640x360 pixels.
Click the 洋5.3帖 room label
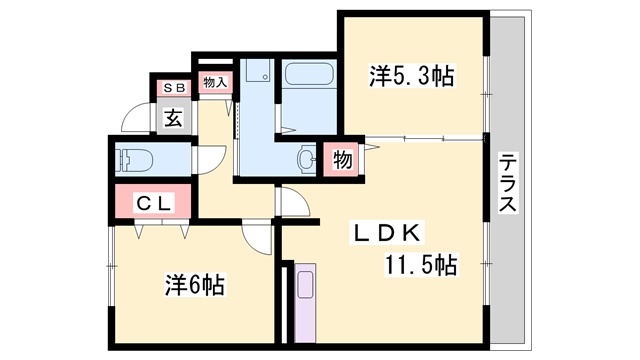[411, 76]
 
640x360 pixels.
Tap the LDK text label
[387, 233]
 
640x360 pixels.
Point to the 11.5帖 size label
[420, 264]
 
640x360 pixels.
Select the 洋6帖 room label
[195, 285]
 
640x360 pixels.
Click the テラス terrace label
[508, 183]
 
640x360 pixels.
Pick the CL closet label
[153, 203]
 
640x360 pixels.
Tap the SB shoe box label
[175, 87]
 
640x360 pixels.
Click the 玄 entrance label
[174, 118]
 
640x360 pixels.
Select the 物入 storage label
[215, 82]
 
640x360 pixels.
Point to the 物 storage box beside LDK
[342, 159]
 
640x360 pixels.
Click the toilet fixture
[134, 160]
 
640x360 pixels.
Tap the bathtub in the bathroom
[309, 74]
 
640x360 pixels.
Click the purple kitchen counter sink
[305, 284]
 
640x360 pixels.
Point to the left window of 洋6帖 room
[110, 266]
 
